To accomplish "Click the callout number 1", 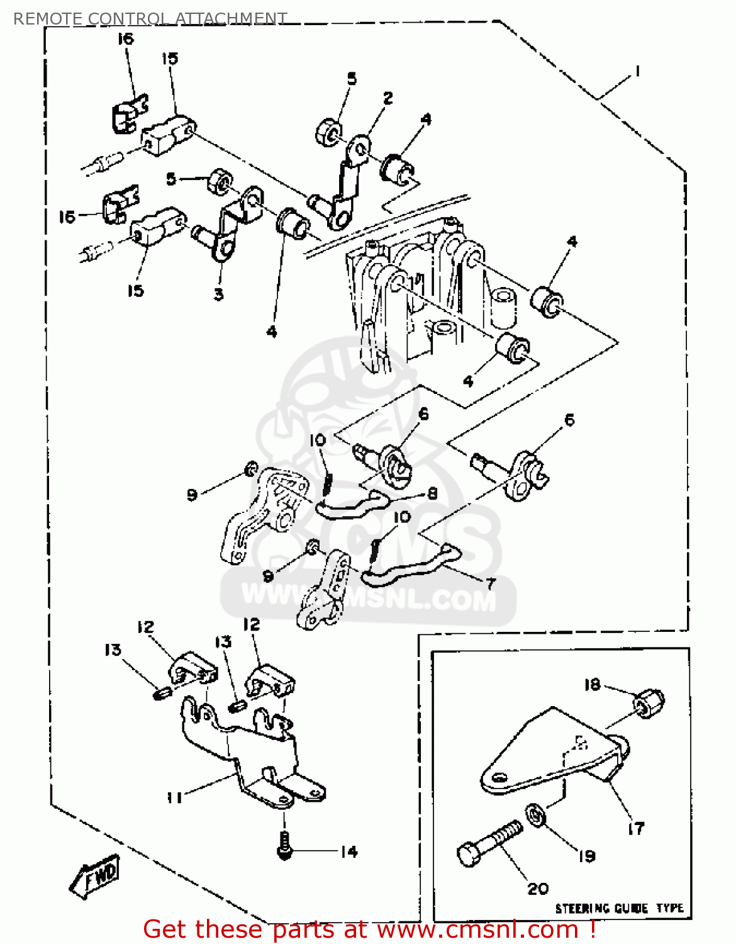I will pyautogui.click(x=637, y=71).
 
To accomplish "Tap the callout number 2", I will pyautogui.click(x=388, y=98).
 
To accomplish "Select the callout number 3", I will pyautogui.click(x=218, y=294).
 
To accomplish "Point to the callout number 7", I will pyautogui.click(x=490, y=583).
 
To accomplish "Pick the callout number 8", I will pyautogui.click(x=432, y=493).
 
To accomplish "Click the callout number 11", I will pyautogui.click(x=174, y=797).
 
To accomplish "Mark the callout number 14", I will pyautogui.click(x=348, y=851).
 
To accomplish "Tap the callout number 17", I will pyautogui.click(x=636, y=828).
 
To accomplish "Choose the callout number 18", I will pyautogui.click(x=592, y=685).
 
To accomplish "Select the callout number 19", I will pyautogui.click(x=586, y=856).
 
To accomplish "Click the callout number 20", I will pyautogui.click(x=538, y=889).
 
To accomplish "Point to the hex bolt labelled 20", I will pyautogui.click(x=489, y=843).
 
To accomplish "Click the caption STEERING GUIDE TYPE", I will pyautogui.click(x=619, y=908).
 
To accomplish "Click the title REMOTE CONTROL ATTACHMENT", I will pyautogui.click(x=150, y=18).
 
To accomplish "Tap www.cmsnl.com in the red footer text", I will pyautogui.click(x=478, y=930).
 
